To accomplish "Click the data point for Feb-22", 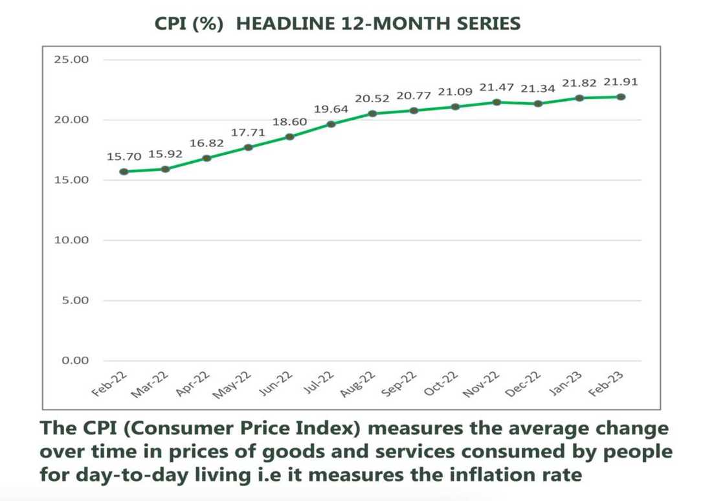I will pyautogui.click(x=124, y=172).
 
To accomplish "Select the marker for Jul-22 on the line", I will pyautogui.click(x=331, y=124).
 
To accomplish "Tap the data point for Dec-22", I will pyautogui.click(x=538, y=104).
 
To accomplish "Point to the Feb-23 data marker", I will pyautogui.click(x=621, y=96).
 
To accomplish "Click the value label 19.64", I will pyautogui.click(x=331, y=109).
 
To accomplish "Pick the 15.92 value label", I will pyautogui.click(x=165, y=155).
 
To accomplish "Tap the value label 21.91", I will pyautogui.click(x=621, y=82).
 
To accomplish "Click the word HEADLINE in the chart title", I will pyautogui.click(x=287, y=24).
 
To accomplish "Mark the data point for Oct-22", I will pyautogui.click(x=455, y=107).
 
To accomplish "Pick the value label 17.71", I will pyautogui.click(x=248, y=133).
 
